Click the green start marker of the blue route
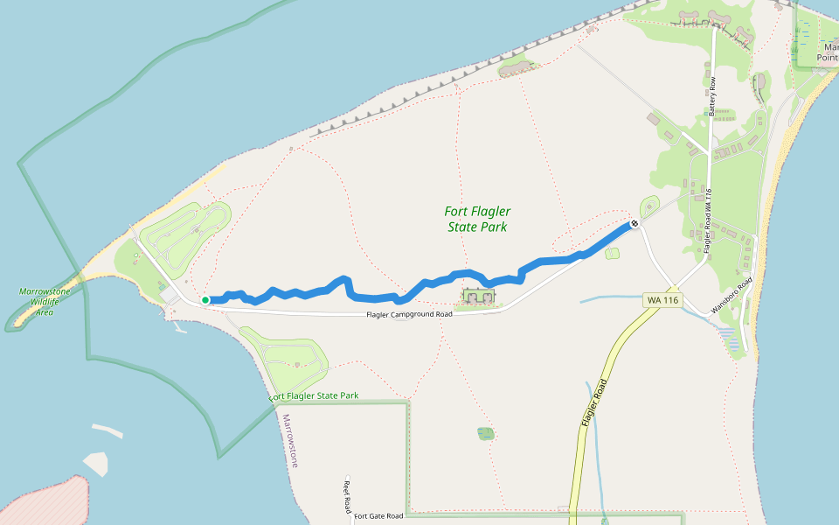[205, 300]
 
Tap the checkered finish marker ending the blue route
[634, 224]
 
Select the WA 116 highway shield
[662, 300]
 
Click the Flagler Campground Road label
[409, 314]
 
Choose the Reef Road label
[347, 495]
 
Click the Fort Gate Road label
[379, 516]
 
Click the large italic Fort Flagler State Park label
[477, 219]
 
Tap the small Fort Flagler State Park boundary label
[315, 396]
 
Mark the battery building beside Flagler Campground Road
[478, 297]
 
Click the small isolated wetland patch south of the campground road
[486, 433]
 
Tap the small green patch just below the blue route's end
[612, 254]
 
